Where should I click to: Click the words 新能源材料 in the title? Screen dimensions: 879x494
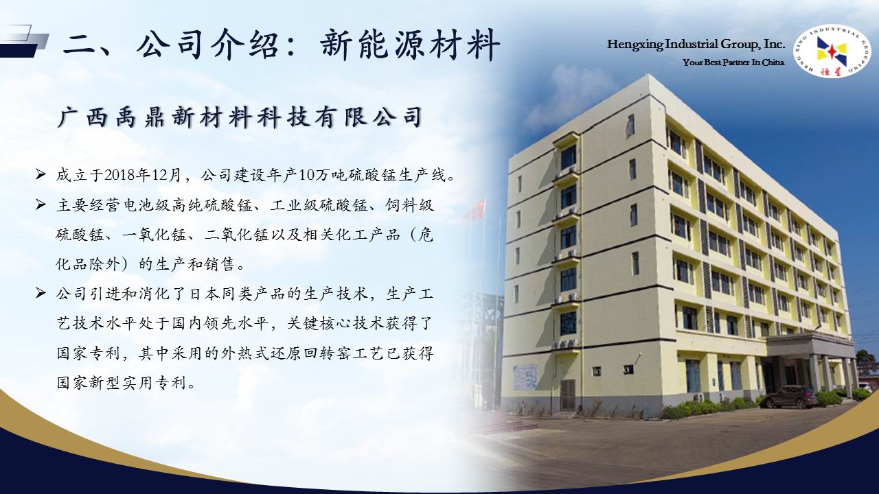pos(410,45)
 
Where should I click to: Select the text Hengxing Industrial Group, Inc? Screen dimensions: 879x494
pos(696,45)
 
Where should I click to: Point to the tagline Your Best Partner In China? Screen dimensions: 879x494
pos(733,62)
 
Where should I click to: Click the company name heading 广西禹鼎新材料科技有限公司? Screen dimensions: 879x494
pos(240,117)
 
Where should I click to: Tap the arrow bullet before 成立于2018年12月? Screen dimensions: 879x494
pos(41,174)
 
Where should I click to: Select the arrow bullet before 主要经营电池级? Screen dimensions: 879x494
pos(41,204)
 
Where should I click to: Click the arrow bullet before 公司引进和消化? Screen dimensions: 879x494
pos(41,293)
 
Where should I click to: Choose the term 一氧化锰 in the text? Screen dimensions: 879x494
pos(155,235)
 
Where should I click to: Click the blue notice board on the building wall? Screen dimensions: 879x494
pos(525,377)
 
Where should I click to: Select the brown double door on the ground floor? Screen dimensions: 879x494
pos(567,395)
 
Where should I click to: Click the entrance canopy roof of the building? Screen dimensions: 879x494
pos(810,344)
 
